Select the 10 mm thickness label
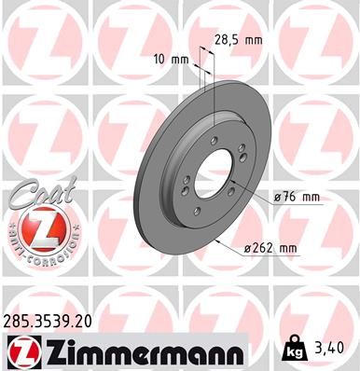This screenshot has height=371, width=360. pyautogui.click(x=175, y=59)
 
